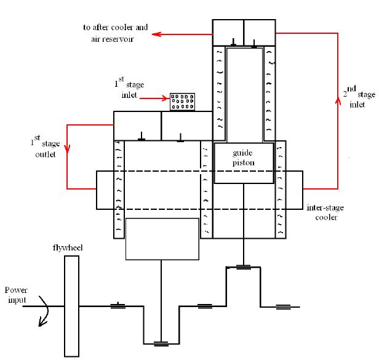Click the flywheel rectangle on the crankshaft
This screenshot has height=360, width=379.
click(72, 306)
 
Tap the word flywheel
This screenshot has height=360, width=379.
click(68, 247)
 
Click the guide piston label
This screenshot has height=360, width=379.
click(243, 156)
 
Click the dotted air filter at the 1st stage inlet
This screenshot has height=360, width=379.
click(182, 102)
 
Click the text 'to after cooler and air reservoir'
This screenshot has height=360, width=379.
click(115, 33)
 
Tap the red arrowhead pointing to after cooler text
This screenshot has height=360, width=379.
click(158, 34)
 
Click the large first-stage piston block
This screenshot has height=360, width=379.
click(162, 238)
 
